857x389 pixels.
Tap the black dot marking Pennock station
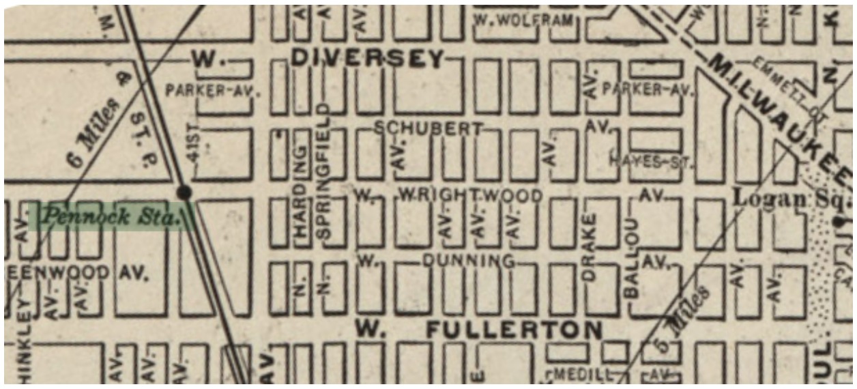[184, 192]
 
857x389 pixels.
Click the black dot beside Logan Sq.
[839, 221]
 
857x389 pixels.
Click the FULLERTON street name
[514, 330]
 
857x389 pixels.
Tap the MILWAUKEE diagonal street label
[779, 117]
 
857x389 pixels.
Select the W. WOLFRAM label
[523, 20]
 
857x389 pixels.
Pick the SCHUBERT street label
[428, 128]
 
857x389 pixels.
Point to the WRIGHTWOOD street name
[470, 196]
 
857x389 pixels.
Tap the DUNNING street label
[468, 261]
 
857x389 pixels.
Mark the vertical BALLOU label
[631, 257]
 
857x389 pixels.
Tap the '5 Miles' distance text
[685, 311]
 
